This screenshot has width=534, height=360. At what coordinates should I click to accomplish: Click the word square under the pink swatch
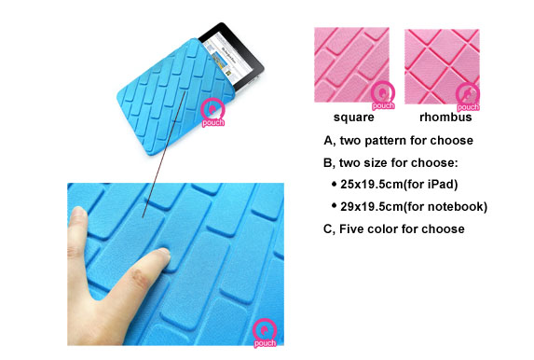tap(354, 118)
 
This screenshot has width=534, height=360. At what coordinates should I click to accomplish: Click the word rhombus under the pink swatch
tap(445, 117)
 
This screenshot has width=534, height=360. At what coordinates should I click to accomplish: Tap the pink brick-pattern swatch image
tap(351, 64)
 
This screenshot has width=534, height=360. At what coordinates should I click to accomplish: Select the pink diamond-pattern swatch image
tap(442, 66)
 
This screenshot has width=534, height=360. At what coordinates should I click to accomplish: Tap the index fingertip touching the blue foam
tap(162, 255)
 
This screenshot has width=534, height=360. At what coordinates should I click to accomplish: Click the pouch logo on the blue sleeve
tap(212, 113)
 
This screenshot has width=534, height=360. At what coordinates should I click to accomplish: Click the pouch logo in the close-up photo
tap(265, 333)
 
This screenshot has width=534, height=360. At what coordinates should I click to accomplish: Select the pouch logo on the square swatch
tap(383, 96)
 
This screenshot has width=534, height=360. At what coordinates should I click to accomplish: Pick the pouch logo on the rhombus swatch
tap(468, 98)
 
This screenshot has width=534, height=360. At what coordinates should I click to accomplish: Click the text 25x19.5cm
tap(372, 185)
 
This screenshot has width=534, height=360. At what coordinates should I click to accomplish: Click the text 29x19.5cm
tap(372, 207)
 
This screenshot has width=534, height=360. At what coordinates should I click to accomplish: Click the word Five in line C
tap(350, 228)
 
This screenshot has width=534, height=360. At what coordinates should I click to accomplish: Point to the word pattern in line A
tap(385, 141)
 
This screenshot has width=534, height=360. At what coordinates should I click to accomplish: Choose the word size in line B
tap(376, 162)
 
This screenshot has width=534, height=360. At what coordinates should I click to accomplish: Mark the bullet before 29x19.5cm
tap(334, 205)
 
